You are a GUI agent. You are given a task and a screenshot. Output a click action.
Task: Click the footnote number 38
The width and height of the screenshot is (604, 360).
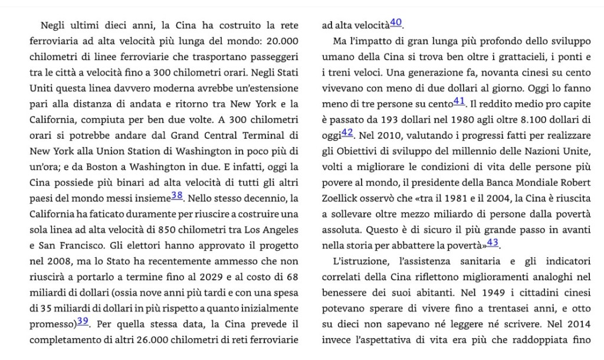click(x=177, y=196)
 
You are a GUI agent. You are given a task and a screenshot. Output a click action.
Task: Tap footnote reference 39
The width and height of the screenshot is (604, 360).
click(x=83, y=320)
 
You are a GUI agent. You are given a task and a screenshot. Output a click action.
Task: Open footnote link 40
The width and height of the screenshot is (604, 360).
click(x=396, y=23)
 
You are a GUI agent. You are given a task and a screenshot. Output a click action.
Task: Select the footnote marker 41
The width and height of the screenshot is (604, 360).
click(x=459, y=102)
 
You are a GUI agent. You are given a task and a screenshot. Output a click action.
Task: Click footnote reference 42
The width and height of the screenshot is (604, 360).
click(x=347, y=132)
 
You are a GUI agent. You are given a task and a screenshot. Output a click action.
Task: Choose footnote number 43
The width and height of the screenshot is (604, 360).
click(x=493, y=242)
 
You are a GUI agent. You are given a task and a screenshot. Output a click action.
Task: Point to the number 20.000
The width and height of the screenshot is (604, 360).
click(x=282, y=41)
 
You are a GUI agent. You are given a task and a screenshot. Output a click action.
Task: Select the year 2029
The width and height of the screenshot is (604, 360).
click(x=189, y=276)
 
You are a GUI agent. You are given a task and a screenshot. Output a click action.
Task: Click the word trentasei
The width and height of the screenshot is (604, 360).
click(x=490, y=308)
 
